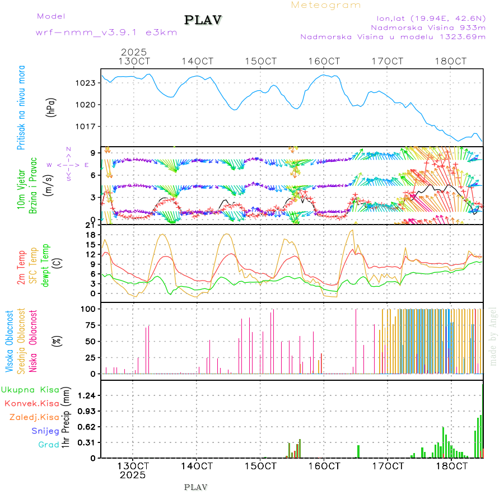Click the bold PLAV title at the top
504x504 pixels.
tap(203, 20)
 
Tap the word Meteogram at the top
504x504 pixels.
tap(326, 5)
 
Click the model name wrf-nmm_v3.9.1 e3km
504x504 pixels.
tap(106, 32)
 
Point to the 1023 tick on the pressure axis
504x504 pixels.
tap(87, 83)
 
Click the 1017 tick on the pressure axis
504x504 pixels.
tap(87, 126)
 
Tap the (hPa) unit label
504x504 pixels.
tap(52, 107)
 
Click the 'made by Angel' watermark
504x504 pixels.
tap(493, 336)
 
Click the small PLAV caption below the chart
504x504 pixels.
tap(195, 487)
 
